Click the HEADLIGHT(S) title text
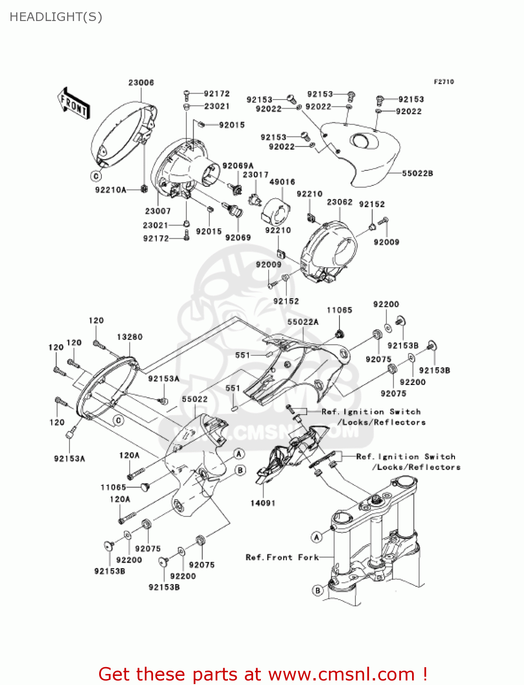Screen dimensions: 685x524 tap(56, 17)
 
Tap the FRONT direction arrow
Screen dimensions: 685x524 tap(74, 104)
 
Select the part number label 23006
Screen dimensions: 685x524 tap(141, 83)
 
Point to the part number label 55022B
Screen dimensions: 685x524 tap(418, 174)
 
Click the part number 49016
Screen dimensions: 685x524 tap(282, 182)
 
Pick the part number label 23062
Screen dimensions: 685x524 tap(339, 202)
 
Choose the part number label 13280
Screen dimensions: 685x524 tap(130, 337)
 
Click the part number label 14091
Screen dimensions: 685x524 tap(263, 503)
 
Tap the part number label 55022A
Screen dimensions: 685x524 tap(303, 322)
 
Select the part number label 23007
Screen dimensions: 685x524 tap(158, 211)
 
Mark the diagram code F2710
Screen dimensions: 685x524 tap(444, 82)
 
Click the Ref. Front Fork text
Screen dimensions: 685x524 tap(282, 557)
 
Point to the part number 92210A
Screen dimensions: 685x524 tap(111, 190)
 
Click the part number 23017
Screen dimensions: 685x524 tap(255, 175)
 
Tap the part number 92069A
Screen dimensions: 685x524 tap(238, 165)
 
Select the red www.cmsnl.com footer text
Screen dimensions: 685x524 tap(263, 674)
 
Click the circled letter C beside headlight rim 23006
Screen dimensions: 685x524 tap(96, 176)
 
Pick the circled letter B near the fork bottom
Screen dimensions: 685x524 tap(318, 590)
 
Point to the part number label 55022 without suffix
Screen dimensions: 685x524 tap(195, 399)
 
